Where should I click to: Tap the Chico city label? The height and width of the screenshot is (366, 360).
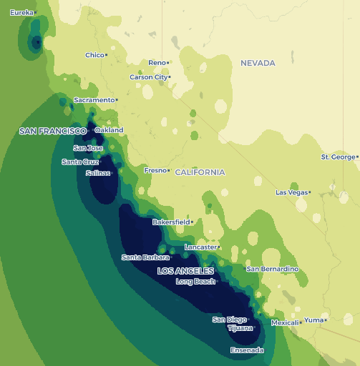[x=94, y=55]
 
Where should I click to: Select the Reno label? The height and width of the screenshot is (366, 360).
[x=157, y=63]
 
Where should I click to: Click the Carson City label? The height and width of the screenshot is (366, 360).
[x=148, y=77]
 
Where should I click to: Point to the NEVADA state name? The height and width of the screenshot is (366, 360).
[x=258, y=63]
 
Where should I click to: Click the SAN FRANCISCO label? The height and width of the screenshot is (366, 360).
[x=52, y=131]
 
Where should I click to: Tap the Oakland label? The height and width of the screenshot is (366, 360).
[x=110, y=130]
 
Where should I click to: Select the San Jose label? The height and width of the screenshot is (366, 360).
[x=88, y=148]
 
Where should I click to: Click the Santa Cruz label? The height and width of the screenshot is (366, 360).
[x=79, y=162]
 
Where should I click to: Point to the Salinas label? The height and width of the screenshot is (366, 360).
[x=97, y=173]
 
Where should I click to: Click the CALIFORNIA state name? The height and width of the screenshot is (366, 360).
[x=200, y=172]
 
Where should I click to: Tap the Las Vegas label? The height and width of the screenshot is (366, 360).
[x=291, y=192]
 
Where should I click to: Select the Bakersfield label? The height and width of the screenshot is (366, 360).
[x=170, y=222]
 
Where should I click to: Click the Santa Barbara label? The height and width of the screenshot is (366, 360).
[x=145, y=257]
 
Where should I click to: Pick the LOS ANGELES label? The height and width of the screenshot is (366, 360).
[x=185, y=271]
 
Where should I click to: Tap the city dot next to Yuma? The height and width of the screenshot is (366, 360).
[x=326, y=320]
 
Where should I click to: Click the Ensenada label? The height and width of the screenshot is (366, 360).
[x=247, y=350]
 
